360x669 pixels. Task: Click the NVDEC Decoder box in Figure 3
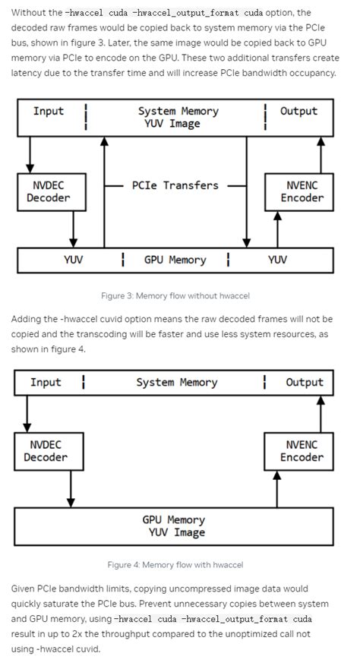pos(48,191)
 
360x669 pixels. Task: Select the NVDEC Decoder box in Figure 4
pos(45,451)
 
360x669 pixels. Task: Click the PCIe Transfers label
pos(175,185)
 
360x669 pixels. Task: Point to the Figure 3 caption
pos(175,295)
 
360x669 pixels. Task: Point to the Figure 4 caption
pos(175,564)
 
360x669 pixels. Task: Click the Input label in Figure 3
pos(49,112)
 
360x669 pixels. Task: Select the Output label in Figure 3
pos(298,112)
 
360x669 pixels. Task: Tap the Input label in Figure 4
pos(46,383)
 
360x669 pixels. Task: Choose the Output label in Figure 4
pos(304,383)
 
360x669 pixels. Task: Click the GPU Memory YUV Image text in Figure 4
pos(174,526)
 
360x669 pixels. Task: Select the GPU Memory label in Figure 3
pos(175,260)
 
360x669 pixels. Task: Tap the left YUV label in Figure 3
pos(73,260)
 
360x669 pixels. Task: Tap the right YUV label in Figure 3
pos(277,260)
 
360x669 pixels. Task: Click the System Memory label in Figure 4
pos(176,383)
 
